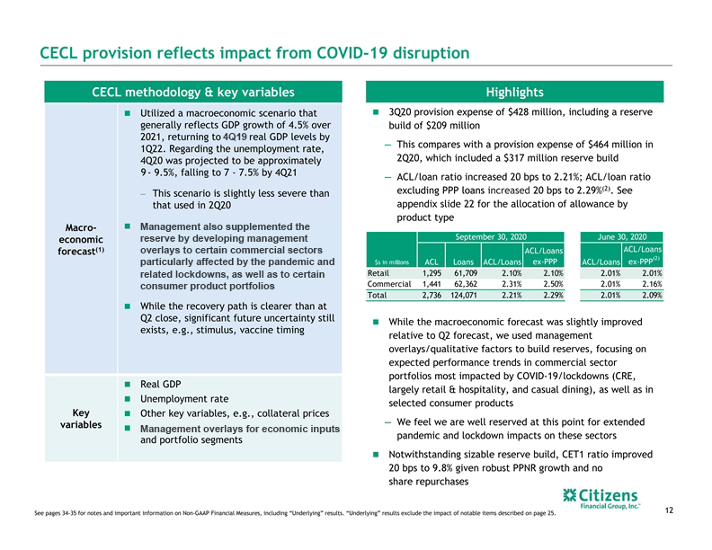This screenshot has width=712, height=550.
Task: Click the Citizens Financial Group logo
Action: point(601,499)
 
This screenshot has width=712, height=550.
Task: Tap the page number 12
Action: point(669,510)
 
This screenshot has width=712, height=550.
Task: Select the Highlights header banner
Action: point(514,92)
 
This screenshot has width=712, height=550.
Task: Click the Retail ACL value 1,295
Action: point(432,273)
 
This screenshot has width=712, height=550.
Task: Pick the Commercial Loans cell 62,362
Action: point(466,284)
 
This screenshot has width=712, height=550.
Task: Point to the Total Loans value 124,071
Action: point(464,295)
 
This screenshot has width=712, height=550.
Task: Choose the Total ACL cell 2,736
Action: point(432,295)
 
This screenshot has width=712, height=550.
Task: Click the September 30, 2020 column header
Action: point(491,237)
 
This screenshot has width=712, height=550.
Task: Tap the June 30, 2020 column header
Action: point(621,237)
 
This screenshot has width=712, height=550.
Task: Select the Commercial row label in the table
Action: point(389,284)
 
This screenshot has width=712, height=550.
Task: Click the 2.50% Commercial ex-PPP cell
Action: point(553,284)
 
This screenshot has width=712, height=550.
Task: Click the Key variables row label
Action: point(81,419)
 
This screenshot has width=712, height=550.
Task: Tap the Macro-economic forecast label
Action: point(81,239)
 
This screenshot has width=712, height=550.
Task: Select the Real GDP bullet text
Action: point(160,385)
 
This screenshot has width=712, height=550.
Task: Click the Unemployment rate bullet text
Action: point(184,399)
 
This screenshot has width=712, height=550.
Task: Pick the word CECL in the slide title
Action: point(58,53)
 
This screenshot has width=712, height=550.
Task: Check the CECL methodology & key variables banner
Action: point(193,92)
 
